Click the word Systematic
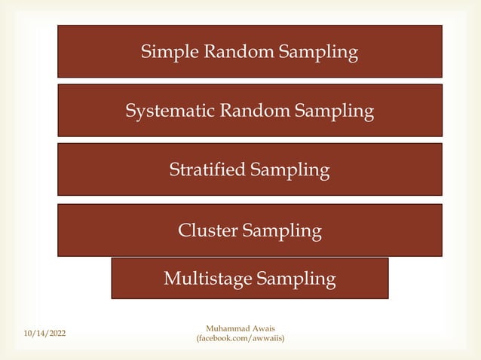point(170,111)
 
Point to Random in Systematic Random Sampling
point(254,111)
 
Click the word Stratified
point(207,169)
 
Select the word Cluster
point(207,230)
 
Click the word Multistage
point(207,279)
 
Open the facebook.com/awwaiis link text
point(240,340)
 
